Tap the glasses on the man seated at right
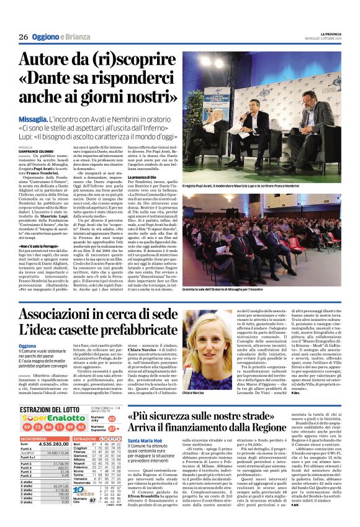pos(332,97)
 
